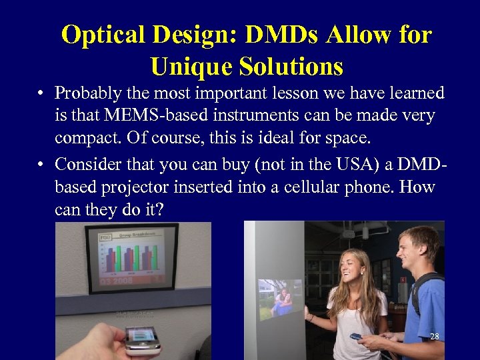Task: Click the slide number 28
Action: [x=434, y=337]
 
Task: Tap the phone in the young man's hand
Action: [x=357, y=337]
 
